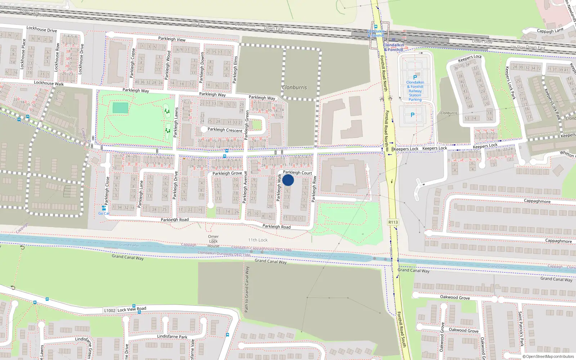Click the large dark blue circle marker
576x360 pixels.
pyautogui.click(x=288, y=180)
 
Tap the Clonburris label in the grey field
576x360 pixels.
pyautogui.click(x=294, y=87)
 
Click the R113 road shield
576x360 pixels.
pyautogui.click(x=393, y=222)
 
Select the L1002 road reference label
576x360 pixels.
pyautogui.click(x=109, y=311)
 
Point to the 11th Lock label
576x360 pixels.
pyautogui.click(x=258, y=240)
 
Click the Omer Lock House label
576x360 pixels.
pyautogui.click(x=213, y=241)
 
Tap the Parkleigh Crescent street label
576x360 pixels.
pyautogui.click(x=225, y=130)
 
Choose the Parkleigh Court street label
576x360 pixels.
pyautogui.click(x=297, y=173)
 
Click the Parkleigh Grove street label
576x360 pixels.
pyautogui.click(x=227, y=174)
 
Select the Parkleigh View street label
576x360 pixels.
pyautogui.click(x=172, y=39)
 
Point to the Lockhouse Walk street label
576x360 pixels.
pyautogui.click(x=49, y=83)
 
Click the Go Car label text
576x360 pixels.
pyautogui.click(x=104, y=213)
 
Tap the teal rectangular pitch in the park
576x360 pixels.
pyautogui.click(x=120, y=108)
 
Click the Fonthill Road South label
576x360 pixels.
pyautogui.click(x=402, y=329)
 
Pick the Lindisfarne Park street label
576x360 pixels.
pyautogui.click(x=172, y=337)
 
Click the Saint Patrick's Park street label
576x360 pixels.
pyautogui.click(x=521, y=329)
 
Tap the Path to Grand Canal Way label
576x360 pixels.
pyautogui.click(x=247, y=289)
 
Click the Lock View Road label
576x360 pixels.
pyautogui.click(x=132, y=309)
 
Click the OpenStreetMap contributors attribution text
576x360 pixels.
pyautogui.click(x=548, y=357)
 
